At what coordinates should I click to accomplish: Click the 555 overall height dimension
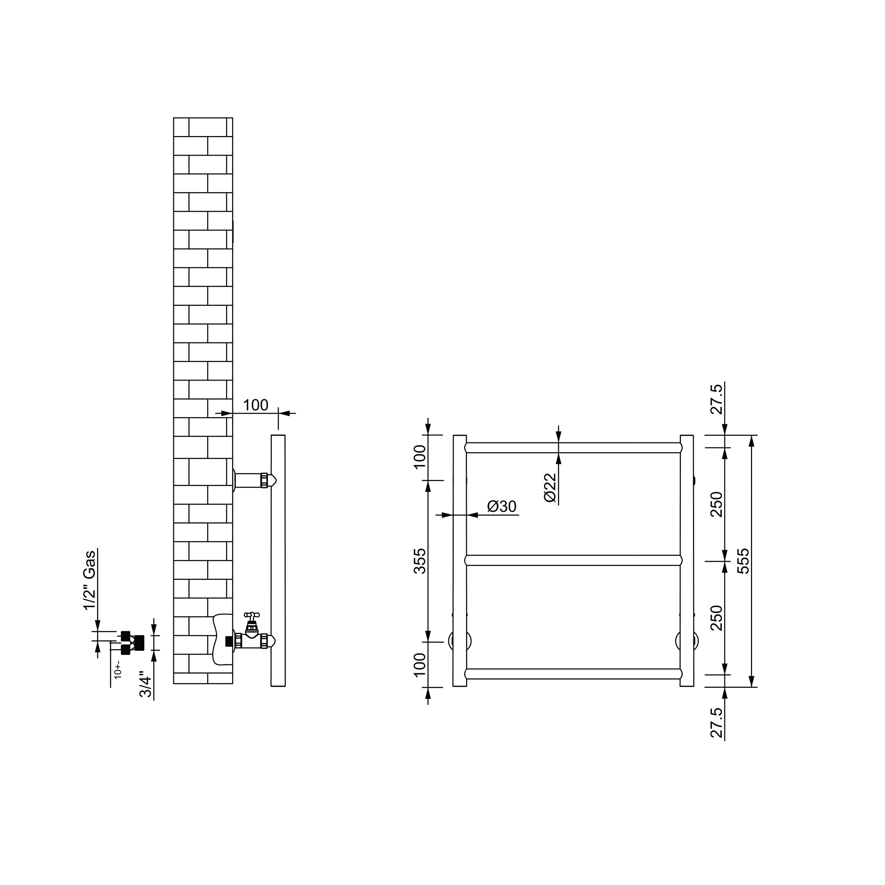[x=744, y=561]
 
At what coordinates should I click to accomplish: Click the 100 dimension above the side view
[x=255, y=405]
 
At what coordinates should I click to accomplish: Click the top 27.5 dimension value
[x=717, y=400]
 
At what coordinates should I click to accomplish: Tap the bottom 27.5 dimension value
[x=717, y=723]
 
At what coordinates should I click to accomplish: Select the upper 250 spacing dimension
[x=717, y=504]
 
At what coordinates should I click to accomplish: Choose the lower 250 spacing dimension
[x=717, y=617]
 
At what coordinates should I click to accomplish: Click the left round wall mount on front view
[x=459, y=640]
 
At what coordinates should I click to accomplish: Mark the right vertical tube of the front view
[x=687, y=561]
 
